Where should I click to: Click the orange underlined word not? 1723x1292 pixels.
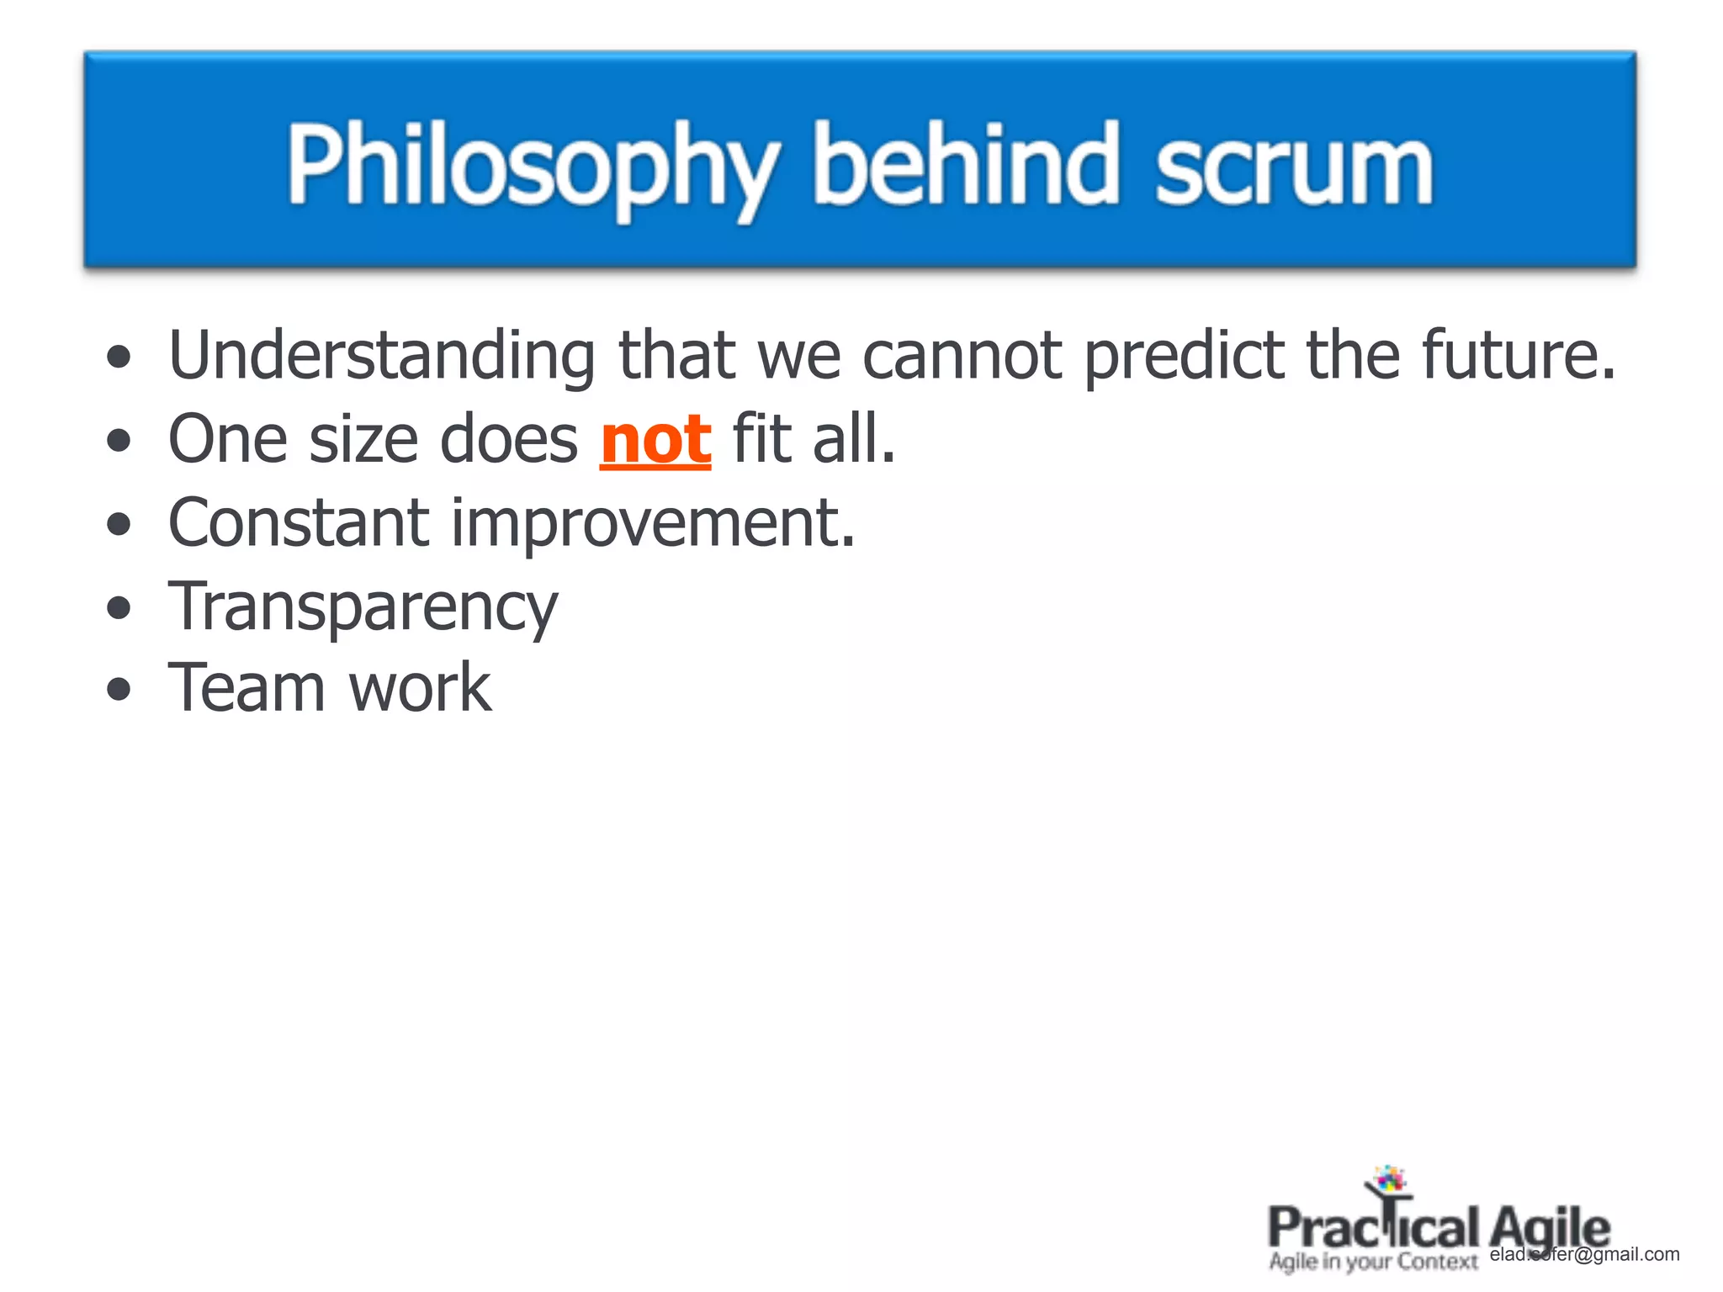pos(655,439)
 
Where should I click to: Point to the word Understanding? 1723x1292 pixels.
pos(382,357)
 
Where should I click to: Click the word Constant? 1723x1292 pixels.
pos(299,523)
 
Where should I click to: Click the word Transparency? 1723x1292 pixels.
pos(363,607)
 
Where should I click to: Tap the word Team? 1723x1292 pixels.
pos(247,688)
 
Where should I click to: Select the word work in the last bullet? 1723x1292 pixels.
pos(419,688)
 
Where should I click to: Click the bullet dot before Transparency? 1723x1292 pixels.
pos(119,607)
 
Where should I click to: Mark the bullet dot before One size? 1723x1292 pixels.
pos(119,440)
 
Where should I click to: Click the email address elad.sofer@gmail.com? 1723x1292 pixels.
pos(1585,1254)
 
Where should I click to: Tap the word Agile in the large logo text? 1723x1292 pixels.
pos(1550,1229)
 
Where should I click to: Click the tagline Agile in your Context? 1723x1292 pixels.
pos(1372,1262)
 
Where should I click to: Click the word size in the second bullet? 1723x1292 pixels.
pos(363,440)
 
